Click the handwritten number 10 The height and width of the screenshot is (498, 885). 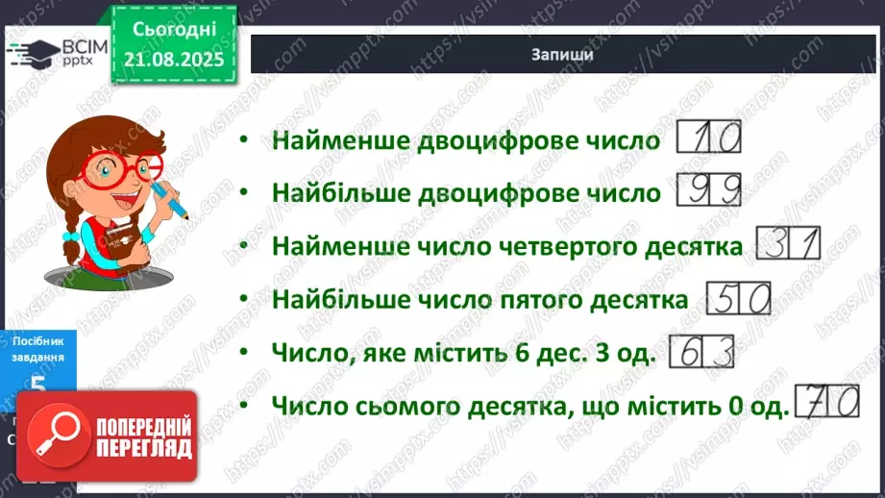(711, 140)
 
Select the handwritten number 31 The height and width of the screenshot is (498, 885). (789, 246)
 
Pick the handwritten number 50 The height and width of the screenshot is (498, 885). (739, 300)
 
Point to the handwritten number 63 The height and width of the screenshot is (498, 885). (701, 353)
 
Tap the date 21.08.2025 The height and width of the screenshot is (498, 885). (174, 60)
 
